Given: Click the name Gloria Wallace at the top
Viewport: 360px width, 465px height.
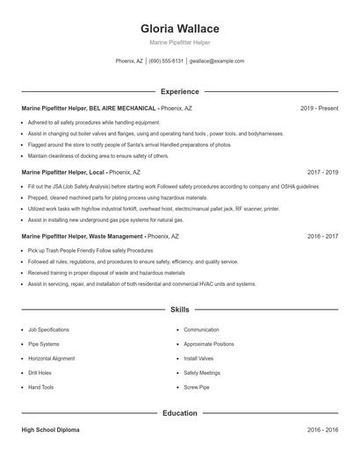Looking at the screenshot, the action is click(180, 28).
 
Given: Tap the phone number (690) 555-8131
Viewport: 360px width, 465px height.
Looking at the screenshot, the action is click(166, 61).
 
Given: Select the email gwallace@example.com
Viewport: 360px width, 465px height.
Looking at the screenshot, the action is click(217, 61).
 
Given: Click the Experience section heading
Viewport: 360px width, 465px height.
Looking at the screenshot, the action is click(180, 91).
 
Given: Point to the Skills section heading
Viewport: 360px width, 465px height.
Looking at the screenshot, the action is click(180, 310).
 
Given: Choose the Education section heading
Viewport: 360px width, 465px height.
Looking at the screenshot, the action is click(180, 412).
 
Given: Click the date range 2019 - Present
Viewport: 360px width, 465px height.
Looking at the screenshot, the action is click(319, 108).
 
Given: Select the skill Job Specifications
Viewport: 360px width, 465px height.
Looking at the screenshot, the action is click(48, 330).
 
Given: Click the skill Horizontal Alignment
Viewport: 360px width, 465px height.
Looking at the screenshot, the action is click(52, 358).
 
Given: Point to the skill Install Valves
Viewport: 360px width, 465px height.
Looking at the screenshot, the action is click(199, 358).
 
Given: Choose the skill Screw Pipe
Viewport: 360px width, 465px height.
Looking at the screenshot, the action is click(197, 387).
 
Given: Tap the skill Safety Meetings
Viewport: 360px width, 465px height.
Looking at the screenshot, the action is click(202, 373).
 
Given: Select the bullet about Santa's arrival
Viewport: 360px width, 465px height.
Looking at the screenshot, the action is click(129, 145).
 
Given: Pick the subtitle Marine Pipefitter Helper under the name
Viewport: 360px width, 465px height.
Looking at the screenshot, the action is click(180, 42).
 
